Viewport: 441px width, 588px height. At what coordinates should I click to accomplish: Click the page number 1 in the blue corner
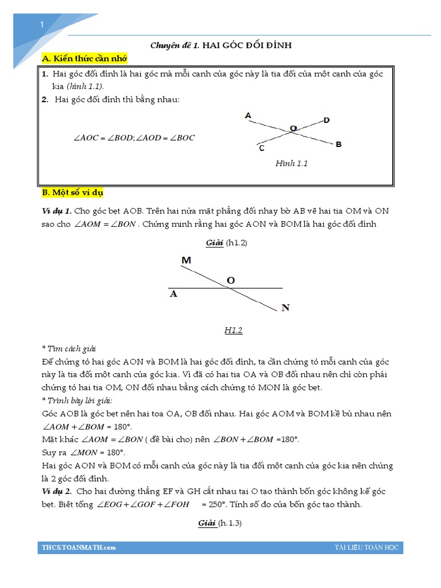click(x=42, y=24)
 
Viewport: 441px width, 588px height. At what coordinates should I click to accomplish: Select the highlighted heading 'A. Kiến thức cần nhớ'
click(x=84, y=59)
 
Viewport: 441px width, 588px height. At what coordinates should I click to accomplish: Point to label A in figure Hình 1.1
click(x=248, y=115)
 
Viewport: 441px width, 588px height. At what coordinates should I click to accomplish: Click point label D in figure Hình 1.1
click(x=326, y=120)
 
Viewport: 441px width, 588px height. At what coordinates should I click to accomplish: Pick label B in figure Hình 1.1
click(x=339, y=144)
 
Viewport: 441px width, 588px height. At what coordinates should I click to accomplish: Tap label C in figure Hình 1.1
click(x=261, y=149)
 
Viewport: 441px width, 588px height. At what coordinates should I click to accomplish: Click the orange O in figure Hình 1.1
click(x=293, y=129)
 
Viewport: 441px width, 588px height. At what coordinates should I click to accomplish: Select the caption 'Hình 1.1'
click(x=292, y=164)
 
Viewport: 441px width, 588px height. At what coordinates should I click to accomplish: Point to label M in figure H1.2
click(x=186, y=261)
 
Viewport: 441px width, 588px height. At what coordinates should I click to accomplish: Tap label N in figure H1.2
click(x=285, y=308)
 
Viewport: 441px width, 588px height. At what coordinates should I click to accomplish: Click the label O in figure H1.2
click(x=231, y=280)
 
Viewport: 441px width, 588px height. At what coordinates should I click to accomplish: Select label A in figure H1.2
click(x=173, y=294)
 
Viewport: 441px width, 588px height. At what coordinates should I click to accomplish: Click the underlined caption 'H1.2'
click(x=234, y=330)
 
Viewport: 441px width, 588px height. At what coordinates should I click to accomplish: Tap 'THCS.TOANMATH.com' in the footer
click(x=79, y=547)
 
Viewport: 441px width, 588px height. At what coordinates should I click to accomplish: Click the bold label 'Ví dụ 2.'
click(x=56, y=492)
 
